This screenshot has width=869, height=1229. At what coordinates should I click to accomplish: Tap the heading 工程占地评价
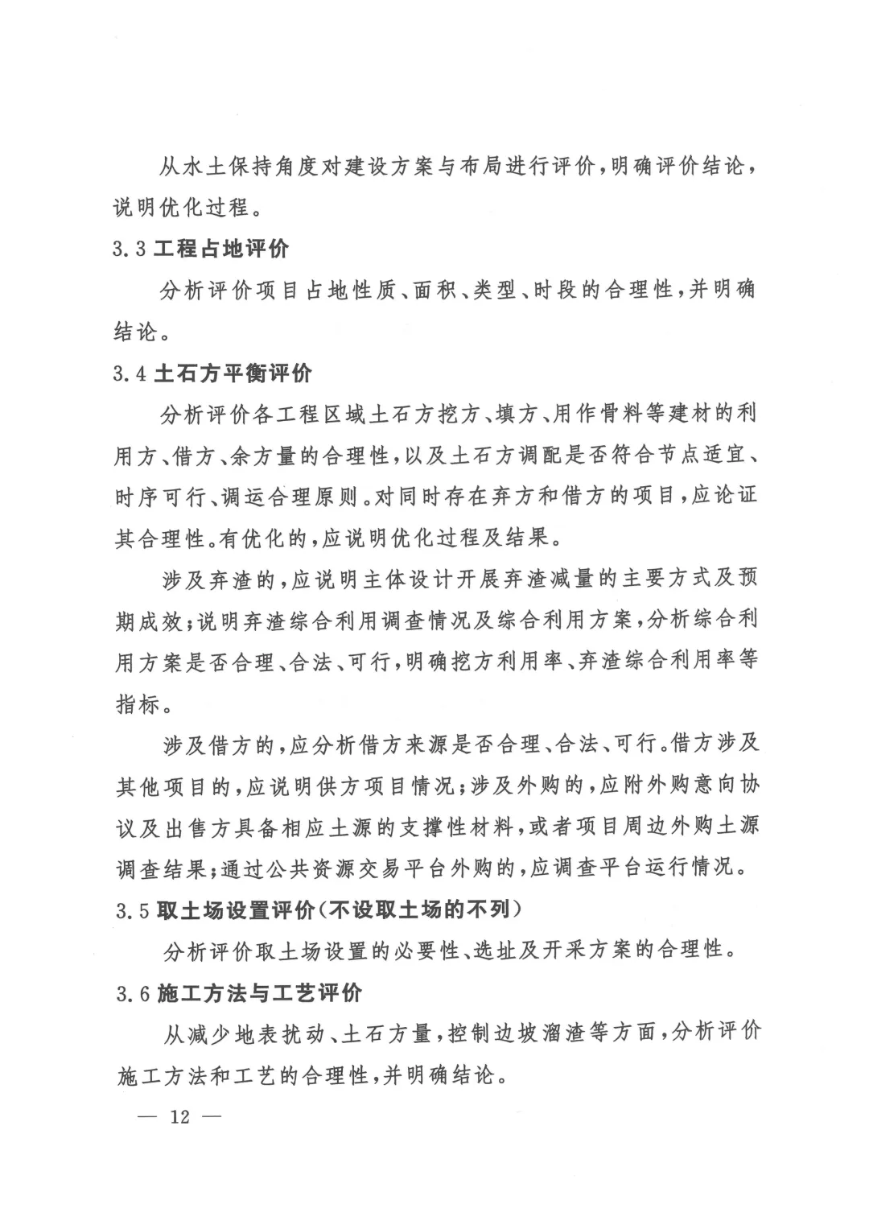(221, 249)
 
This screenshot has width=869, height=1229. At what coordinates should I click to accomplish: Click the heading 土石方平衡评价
(233, 373)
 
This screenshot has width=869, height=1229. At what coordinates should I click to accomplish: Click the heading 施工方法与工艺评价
(260, 993)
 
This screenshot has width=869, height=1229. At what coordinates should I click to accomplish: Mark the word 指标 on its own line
(138, 705)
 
